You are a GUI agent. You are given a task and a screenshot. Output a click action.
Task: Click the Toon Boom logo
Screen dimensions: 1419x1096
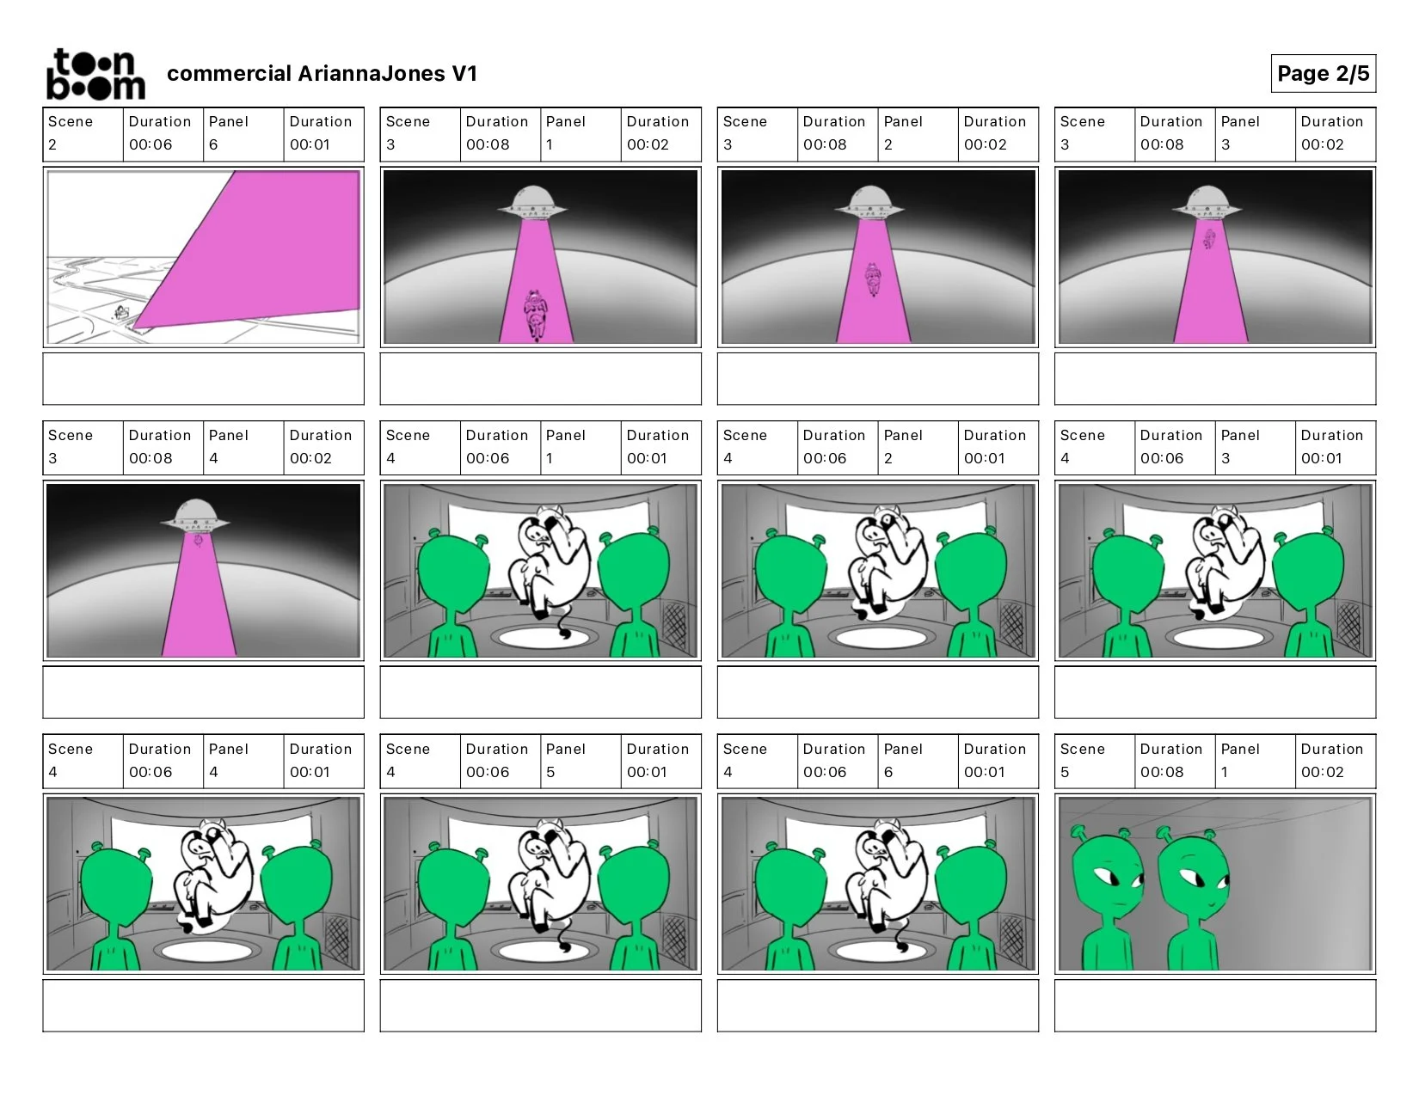point(95,74)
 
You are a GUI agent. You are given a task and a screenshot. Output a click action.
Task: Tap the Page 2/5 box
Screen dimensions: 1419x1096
point(1323,73)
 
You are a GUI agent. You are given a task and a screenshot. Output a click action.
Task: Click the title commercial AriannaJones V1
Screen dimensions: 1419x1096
point(322,73)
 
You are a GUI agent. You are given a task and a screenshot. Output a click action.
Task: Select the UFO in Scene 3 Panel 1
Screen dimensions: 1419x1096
point(532,202)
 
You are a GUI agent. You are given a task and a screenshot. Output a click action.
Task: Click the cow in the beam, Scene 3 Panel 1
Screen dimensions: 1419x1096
point(536,315)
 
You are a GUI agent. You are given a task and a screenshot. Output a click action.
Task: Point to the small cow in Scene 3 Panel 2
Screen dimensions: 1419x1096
point(872,279)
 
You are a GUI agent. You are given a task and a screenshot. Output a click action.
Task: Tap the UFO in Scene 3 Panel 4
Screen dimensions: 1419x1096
point(195,516)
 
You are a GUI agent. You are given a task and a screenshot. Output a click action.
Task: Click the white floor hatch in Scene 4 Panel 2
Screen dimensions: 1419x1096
point(881,636)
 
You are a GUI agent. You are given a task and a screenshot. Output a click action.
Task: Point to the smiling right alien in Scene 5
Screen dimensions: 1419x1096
point(1192,901)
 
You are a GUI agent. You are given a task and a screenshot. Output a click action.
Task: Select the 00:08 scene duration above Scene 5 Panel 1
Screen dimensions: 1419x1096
point(1161,772)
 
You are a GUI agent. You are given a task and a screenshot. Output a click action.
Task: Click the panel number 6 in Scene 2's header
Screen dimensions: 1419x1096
point(213,144)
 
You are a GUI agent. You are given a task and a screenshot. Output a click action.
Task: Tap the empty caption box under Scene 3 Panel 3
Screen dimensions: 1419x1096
point(1214,378)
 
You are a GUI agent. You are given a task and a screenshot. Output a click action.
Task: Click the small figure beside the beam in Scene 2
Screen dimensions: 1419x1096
point(121,312)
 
